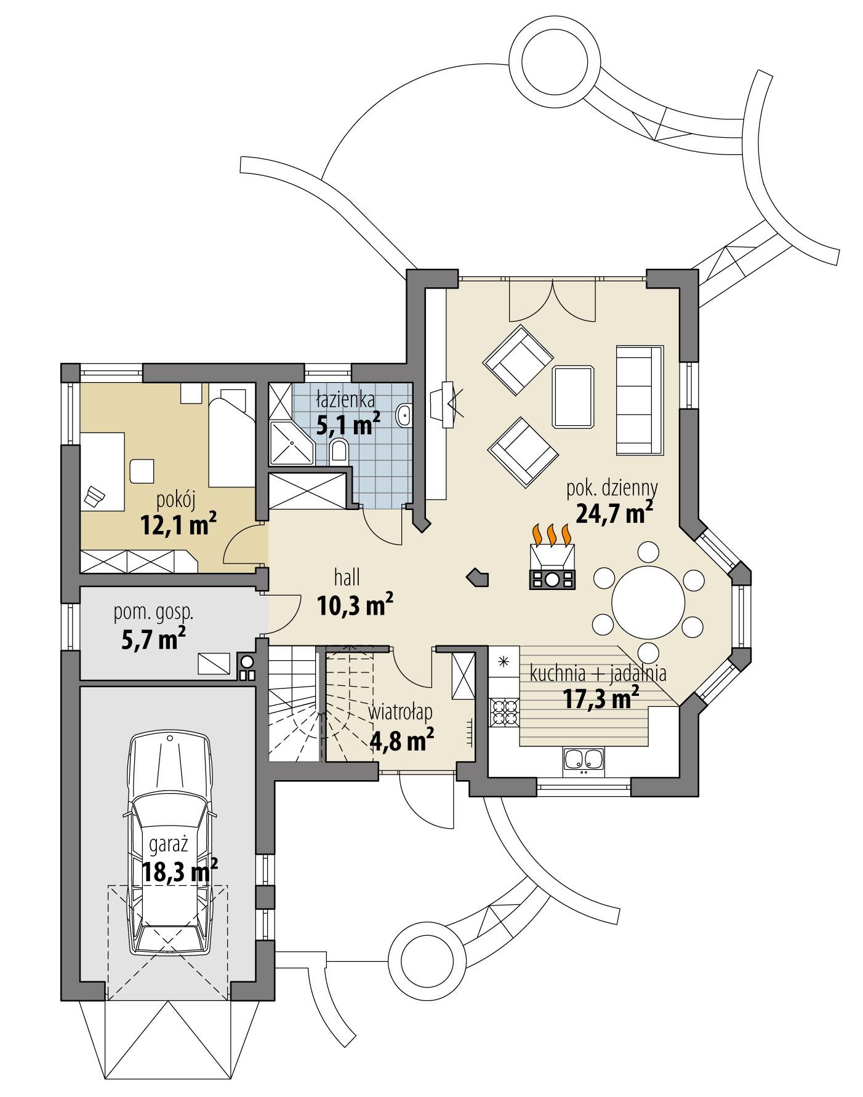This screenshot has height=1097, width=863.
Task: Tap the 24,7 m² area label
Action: (x=614, y=512)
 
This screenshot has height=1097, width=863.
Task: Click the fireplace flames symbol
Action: (x=552, y=535)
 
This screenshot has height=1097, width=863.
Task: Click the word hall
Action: (x=347, y=578)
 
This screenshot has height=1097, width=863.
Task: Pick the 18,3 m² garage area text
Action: (x=180, y=871)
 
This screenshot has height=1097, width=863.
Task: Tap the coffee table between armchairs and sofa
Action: (x=573, y=397)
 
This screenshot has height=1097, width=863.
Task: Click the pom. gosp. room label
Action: (x=154, y=612)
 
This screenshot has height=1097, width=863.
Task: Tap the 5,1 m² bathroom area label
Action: (x=348, y=425)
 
